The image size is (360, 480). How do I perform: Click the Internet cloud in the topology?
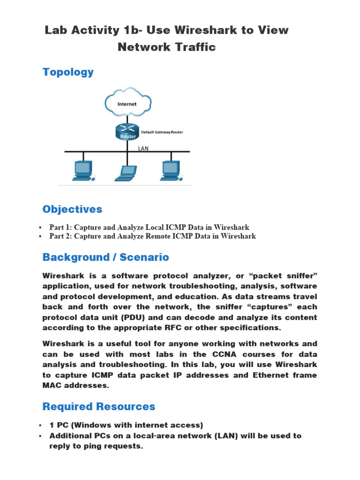coord(127,102)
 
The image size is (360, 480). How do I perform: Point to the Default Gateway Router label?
coord(162,132)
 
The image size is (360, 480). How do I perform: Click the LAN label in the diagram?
coord(143,147)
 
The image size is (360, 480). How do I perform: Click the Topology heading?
coord(68,72)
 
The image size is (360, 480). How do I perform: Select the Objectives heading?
coord(72,209)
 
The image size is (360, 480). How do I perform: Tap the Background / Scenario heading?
coord(105,257)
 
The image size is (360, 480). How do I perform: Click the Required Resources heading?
coord(98,406)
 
